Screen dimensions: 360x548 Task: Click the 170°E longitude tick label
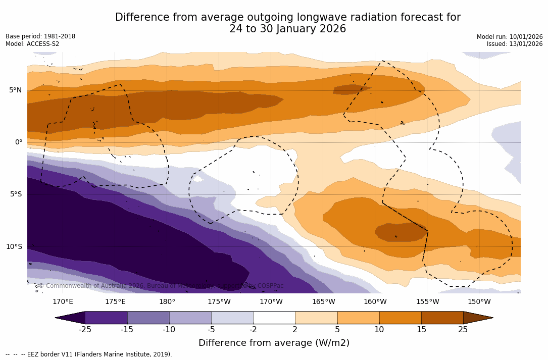point(63,302)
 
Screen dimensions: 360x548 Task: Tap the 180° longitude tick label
point(167,302)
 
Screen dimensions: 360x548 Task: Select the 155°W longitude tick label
point(427,302)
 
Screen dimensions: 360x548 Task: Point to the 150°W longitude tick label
point(479,302)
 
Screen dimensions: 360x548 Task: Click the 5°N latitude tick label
point(15,90)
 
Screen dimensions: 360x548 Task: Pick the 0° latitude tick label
point(19,142)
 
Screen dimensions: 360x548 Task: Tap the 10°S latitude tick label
point(14,247)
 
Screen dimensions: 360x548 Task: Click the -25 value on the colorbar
point(85,330)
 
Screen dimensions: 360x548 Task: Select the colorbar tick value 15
point(421,330)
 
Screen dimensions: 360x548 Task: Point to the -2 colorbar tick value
point(253,330)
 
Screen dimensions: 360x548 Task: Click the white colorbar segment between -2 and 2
point(274,318)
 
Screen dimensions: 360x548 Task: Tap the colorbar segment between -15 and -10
point(148,318)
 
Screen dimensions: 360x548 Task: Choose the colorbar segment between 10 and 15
point(400,318)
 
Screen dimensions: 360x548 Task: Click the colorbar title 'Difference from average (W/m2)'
point(274,343)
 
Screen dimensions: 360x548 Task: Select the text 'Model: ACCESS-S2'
point(32,44)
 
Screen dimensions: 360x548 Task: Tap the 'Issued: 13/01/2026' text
point(515,44)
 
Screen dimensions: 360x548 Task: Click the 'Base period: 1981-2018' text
point(40,36)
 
